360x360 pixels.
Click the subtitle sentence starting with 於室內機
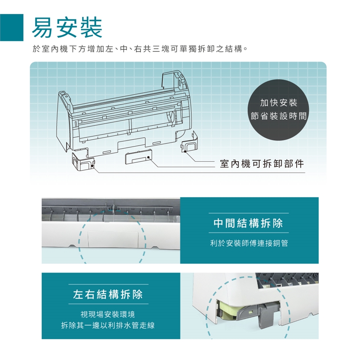point(139,49)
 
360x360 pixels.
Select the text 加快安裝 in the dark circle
point(278,102)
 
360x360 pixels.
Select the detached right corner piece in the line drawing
point(191,144)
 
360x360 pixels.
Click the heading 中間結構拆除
point(248,224)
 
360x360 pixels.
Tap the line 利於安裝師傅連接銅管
point(249,243)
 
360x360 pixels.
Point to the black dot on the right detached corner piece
point(185,151)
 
